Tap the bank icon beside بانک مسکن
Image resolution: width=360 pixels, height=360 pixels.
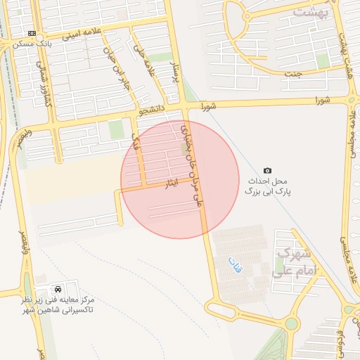point(32,33)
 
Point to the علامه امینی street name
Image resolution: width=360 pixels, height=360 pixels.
point(83,32)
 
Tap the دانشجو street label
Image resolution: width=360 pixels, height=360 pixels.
point(154,110)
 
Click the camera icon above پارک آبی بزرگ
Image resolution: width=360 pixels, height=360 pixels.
point(267,170)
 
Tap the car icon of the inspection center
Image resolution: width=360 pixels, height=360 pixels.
point(57,289)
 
